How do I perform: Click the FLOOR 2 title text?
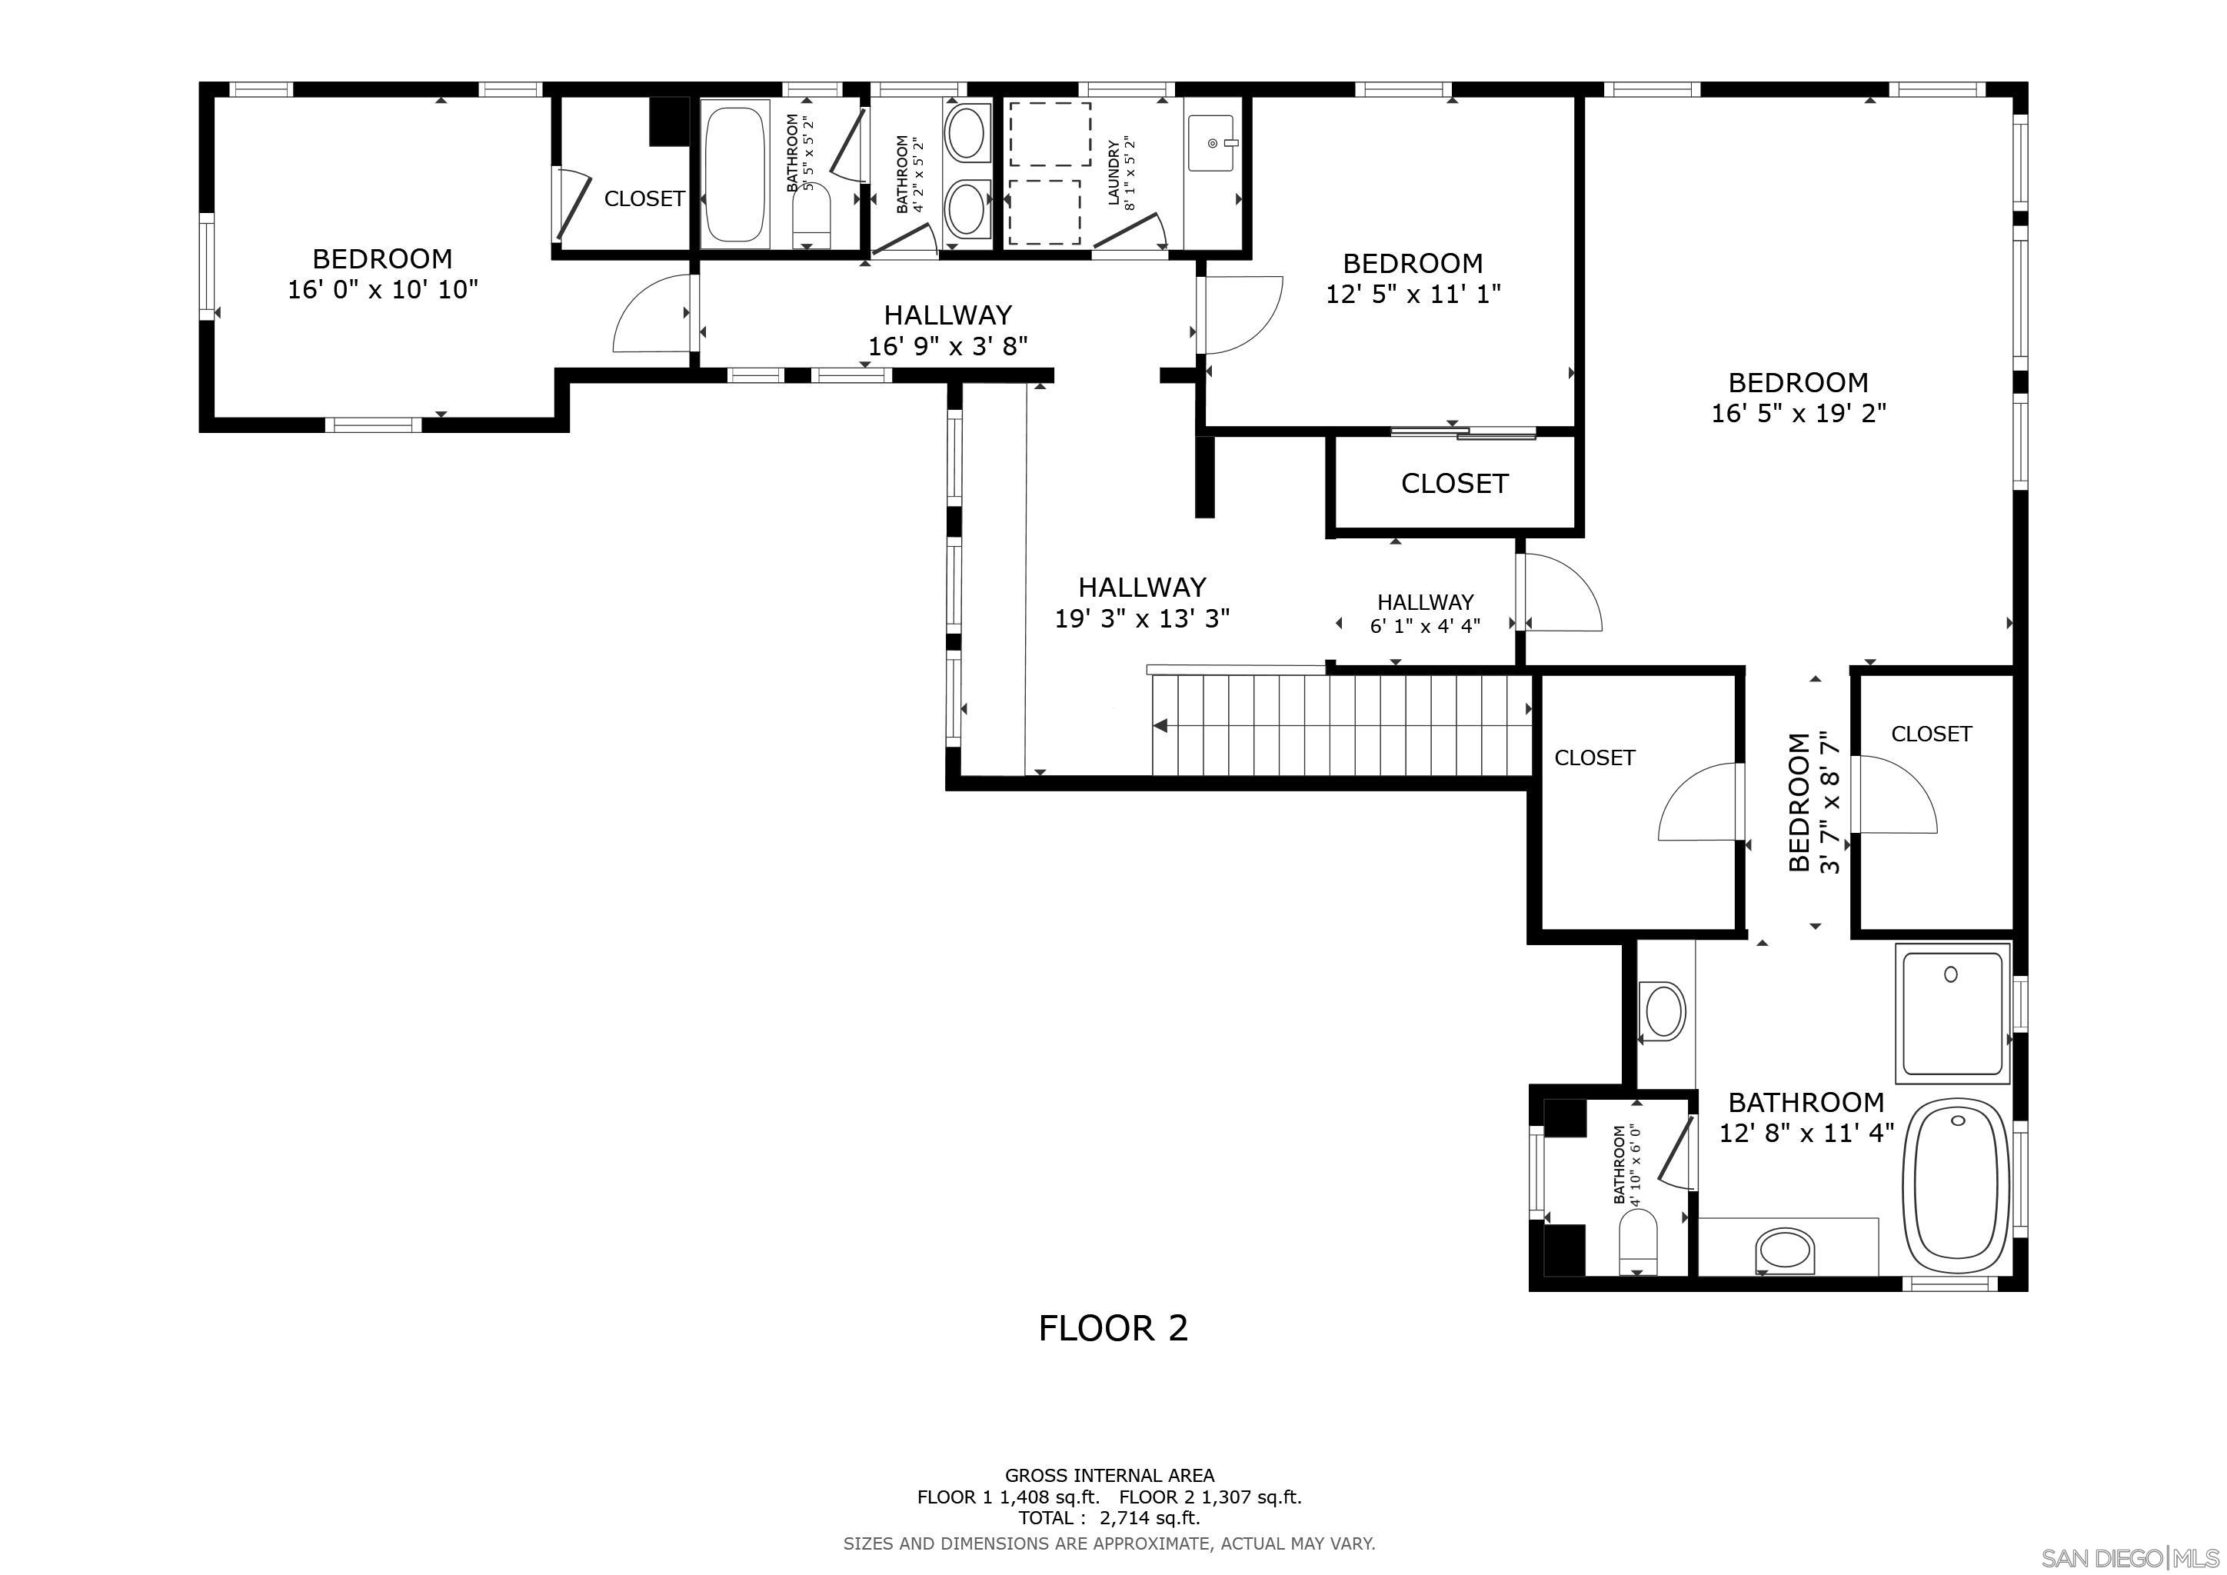1113,1329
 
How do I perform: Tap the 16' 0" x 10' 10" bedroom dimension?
383,290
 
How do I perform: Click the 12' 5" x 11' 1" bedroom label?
1413,278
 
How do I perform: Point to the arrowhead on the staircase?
1160,725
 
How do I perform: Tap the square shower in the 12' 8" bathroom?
1952,1011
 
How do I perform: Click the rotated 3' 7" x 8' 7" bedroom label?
1814,803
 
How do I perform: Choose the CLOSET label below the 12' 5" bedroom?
1454,484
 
